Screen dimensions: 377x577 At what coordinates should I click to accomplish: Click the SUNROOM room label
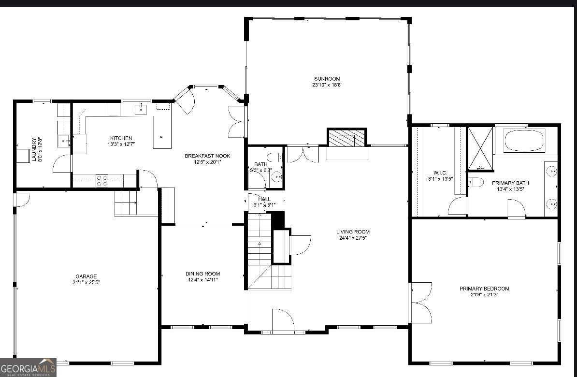coord(327,79)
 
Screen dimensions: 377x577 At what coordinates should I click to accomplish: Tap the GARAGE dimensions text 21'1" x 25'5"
coord(86,282)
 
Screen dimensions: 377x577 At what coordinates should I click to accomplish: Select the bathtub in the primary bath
coord(524,141)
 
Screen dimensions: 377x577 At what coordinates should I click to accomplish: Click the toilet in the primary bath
coord(476,183)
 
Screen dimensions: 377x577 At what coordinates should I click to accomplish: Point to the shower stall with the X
coord(481,148)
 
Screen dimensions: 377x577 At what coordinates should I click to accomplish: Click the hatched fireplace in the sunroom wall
coord(346,138)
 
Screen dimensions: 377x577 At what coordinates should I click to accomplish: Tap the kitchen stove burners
coord(102,181)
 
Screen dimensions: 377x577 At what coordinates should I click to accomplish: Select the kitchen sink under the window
coord(141,110)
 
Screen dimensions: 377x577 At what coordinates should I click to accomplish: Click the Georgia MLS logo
coord(28,368)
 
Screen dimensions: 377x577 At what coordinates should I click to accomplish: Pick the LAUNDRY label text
coord(34,149)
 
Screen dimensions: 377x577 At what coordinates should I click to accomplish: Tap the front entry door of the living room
coord(283,320)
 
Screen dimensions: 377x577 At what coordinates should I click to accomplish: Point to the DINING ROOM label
coord(203,274)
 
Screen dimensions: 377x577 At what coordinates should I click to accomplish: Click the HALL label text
coord(264,199)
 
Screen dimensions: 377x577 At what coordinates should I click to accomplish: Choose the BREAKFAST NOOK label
coord(207,156)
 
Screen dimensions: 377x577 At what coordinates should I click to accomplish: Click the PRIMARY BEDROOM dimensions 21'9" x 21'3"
coord(484,294)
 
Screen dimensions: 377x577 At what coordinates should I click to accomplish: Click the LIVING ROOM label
coord(353,232)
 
